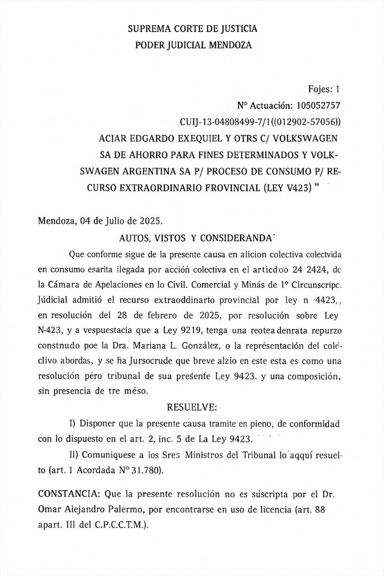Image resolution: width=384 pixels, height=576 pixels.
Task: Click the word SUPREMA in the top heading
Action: [146, 29]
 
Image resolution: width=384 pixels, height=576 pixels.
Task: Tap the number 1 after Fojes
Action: [338, 89]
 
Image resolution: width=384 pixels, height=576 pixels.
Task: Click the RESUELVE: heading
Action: [192, 406]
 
